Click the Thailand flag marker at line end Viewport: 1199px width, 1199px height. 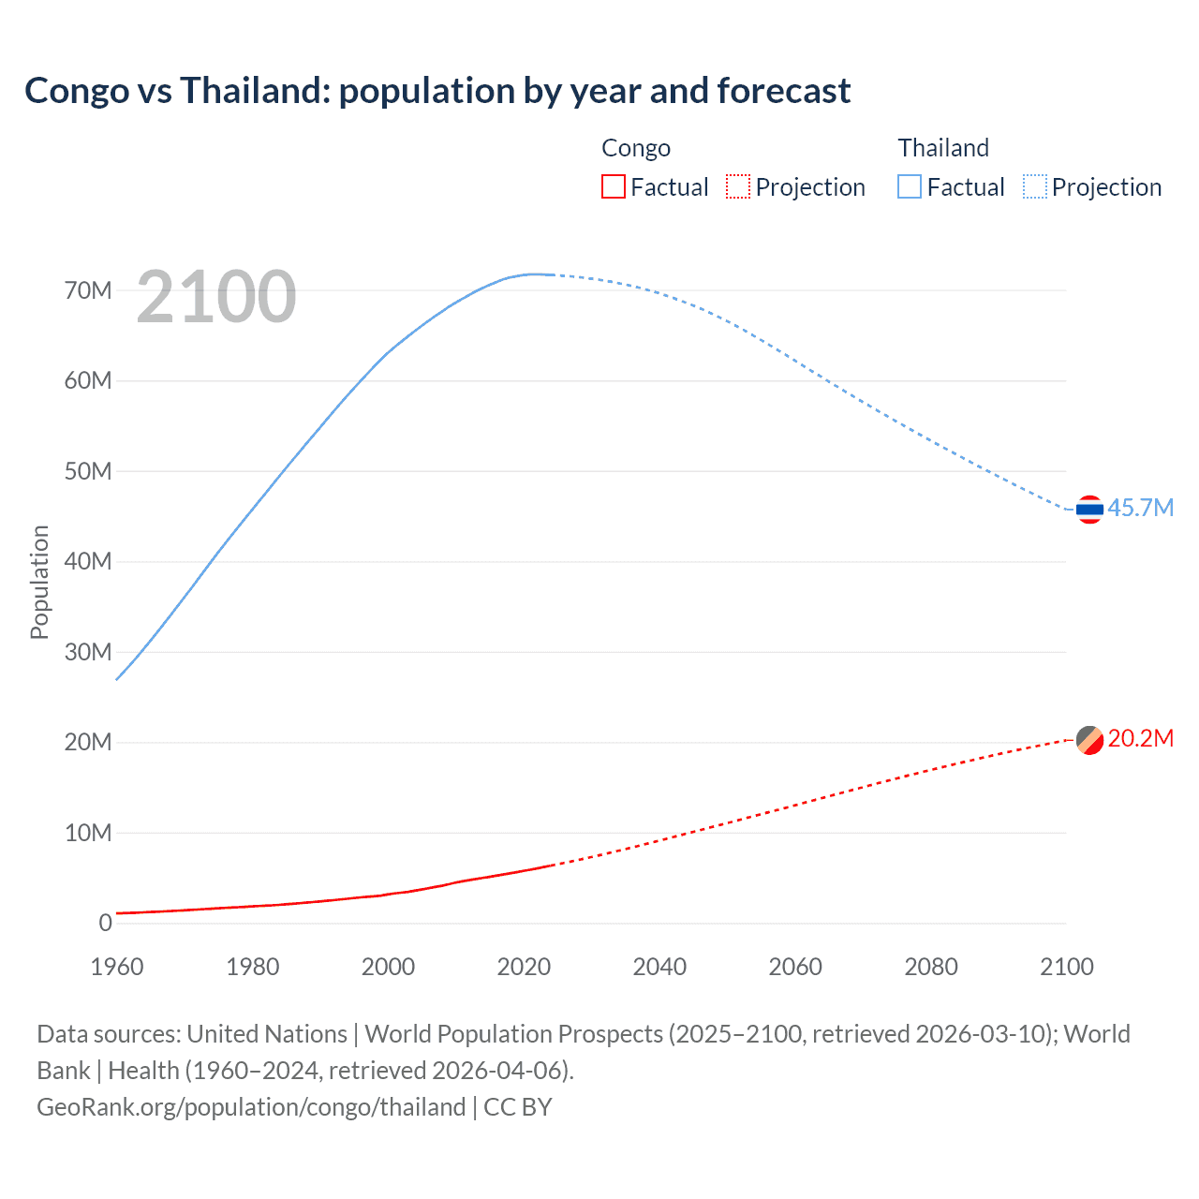pos(1089,510)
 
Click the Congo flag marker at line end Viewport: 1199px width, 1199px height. pos(1089,740)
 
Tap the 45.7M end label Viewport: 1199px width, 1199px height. pos(1140,508)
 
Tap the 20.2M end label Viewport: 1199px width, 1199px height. pos(1140,738)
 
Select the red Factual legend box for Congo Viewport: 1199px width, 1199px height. pos(613,186)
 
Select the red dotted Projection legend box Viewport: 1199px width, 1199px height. pos(738,186)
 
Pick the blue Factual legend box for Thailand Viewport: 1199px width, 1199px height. pos(910,186)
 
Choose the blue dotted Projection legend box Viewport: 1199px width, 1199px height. pos(1034,186)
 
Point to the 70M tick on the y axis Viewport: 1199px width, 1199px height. pos(88,290)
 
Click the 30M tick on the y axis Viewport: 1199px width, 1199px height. pos(88,652)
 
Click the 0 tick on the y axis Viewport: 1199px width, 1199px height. pos(105,923)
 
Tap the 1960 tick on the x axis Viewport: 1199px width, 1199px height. pos(117,967)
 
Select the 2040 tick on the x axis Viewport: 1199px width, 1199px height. pos(659,967)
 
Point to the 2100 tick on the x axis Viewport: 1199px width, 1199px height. pos(1066,967)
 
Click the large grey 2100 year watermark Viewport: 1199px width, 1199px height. pos(216,297)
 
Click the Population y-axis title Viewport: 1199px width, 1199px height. pos(39,582)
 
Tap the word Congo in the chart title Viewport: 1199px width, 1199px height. pos(77,91)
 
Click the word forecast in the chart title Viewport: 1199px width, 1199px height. pos(783,91)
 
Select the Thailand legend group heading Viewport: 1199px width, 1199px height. pos(943,148)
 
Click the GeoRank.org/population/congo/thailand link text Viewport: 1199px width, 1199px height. pos(251,1107)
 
